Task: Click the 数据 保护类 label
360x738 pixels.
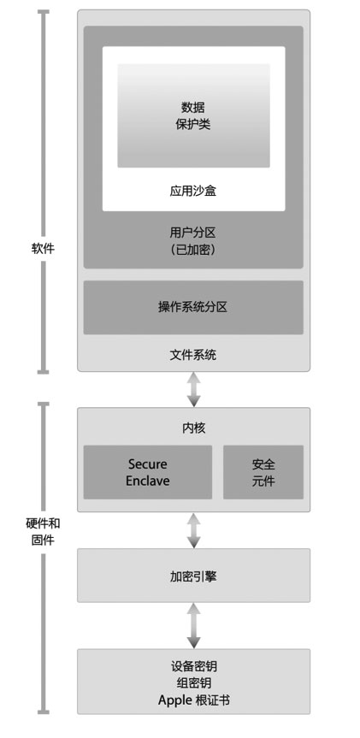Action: [193, 115]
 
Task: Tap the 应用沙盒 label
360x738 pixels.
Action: [193, 191]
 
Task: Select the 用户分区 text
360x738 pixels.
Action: [193, 233]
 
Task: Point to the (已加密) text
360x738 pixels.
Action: [193, 250]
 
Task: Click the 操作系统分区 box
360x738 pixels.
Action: [193, 307]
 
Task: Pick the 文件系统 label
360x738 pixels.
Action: [193, 354]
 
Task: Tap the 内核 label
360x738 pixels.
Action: [193, 428]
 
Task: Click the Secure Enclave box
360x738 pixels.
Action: [148, 472]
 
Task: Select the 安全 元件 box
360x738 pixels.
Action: [263, 472]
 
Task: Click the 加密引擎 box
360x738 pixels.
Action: [193, 576]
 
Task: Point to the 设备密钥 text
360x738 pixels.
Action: [193, 666]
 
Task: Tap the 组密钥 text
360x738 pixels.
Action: [193, 682]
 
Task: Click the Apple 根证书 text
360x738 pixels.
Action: [194, 700]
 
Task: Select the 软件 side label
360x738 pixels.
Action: [43, 249]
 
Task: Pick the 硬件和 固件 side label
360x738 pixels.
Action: [43, 532]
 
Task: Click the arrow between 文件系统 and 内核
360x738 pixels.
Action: [193, 389]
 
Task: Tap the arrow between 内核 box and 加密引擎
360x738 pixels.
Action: [193, 530]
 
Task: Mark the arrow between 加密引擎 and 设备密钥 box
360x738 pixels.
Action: [193, 625]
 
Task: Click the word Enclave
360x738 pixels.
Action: [148, 481]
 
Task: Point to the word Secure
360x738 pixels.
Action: [148, 464]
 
